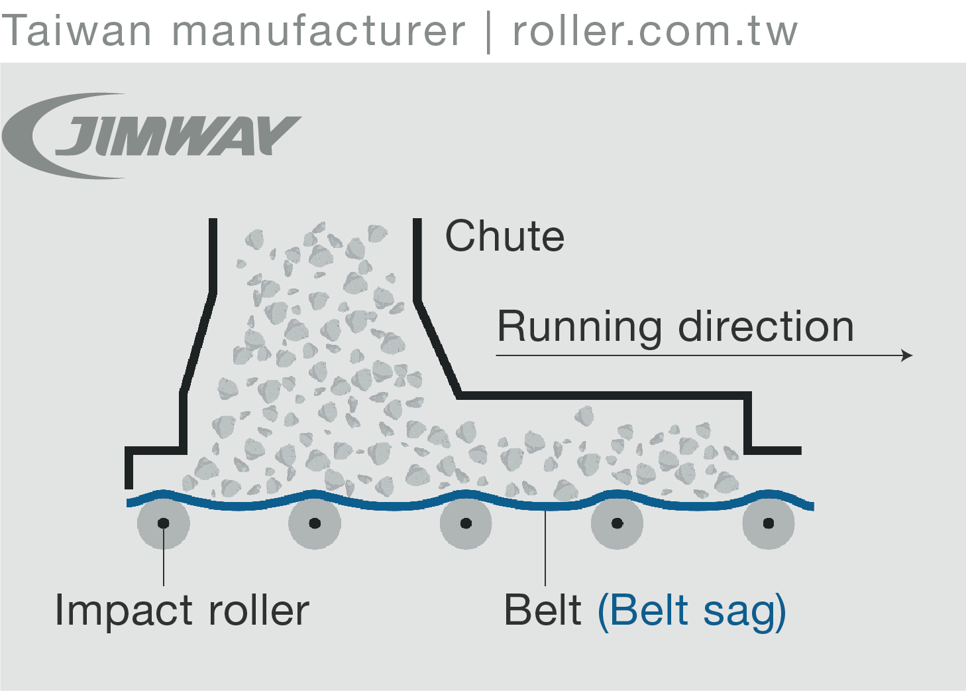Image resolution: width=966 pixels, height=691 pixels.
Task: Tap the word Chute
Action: tap(504, 236)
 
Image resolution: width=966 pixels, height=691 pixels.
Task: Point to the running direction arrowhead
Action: tap(908, 355)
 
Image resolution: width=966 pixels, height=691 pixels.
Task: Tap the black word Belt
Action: tap(543, 610)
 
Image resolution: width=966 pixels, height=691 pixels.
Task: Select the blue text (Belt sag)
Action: tap(691, 611)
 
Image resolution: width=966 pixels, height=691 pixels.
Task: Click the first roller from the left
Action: tap(163, 523)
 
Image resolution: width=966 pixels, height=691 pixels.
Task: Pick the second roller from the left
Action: tap(315, 523)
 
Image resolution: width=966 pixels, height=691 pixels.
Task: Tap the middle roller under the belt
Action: tap(466, 523)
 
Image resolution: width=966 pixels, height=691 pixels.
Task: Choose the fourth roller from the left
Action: tap(617, 523)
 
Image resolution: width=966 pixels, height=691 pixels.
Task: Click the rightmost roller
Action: tap(769, 523)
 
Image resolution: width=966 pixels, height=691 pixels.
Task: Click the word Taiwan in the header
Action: tap(77, 31)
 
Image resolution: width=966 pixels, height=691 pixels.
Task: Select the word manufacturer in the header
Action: tap(318, 31)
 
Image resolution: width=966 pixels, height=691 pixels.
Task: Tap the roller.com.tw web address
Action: tap(655, 31)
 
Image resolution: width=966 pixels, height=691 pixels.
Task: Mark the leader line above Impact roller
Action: tap(164, 564)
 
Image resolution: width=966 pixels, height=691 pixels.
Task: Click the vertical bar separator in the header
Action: tap(489, 32)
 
